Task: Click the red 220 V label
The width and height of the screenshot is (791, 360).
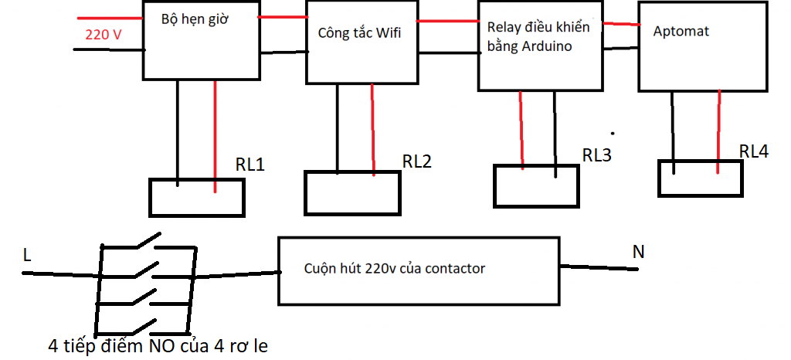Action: tap(104, 34)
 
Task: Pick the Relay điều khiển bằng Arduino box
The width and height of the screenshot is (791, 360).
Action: tap(540, 46)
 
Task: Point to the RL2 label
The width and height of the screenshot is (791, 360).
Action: tap(417, 161)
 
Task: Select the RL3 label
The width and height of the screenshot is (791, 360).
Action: tap(597, 155)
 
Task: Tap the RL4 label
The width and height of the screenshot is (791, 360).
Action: tap(754, 151)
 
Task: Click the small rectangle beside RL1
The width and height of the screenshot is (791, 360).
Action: tap(197, 197)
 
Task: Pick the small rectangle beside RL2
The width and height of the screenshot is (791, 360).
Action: tap(352, 192)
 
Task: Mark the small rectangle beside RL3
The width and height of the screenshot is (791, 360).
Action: tap(536, 185)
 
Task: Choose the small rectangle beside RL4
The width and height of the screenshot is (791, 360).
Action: tap(700, 178)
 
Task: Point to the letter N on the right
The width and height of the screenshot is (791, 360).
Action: tap(639, 251)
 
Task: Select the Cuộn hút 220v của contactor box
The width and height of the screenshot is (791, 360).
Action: tap(418, 270)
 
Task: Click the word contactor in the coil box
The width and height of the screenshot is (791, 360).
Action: tap(457, 269)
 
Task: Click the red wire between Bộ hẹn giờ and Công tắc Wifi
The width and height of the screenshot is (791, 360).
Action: tap(281, 16)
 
